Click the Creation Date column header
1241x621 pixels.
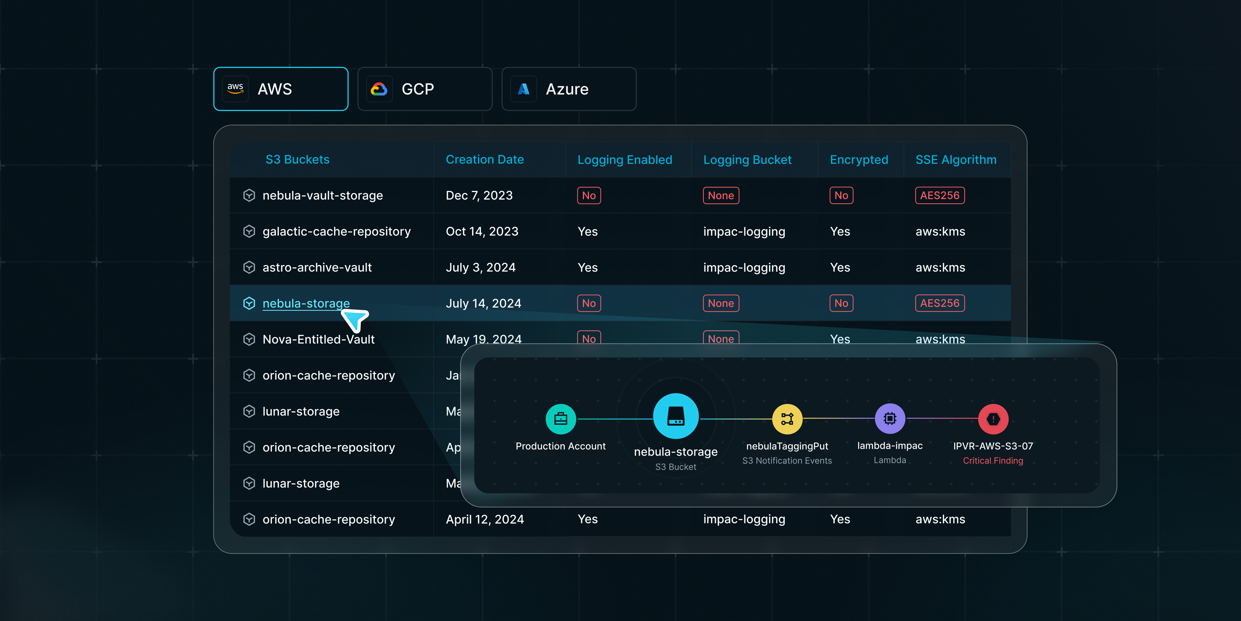pos(485,160)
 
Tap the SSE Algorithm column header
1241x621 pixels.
pos(956,160)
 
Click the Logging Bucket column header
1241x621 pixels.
pos(747,160)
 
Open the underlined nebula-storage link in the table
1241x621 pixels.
pos(306,303)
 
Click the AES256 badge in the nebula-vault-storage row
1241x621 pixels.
pos(939,195)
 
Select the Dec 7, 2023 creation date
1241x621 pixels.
pos(479,195)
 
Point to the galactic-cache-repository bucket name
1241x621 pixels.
pos(336,231)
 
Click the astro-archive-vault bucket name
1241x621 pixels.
pos(317,268)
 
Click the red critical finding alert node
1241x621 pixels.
pos(993,419)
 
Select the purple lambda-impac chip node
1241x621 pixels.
pos(890,419)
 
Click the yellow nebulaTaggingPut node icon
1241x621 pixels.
pos(787,419)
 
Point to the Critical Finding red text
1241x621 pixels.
pos(993,461)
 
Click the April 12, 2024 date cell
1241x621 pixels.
pos(485,519)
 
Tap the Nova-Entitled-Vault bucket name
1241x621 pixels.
pos(319,340)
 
